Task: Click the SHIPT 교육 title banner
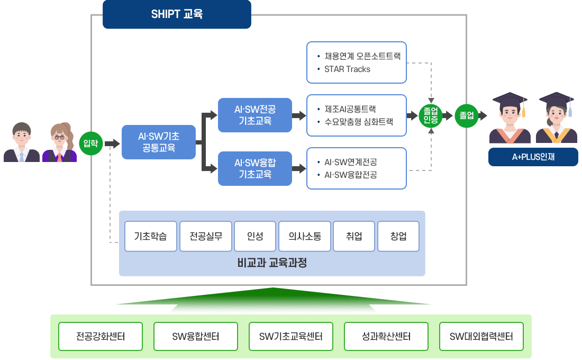coord(177,15)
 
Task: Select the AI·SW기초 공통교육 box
coord(158,142)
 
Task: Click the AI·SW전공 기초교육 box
coord(254,115)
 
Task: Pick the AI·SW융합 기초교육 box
coord(254,168)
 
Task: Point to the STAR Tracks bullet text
coord(347,69)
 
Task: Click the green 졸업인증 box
coord(431,115)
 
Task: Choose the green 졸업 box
coord(466,115)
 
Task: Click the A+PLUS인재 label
coord(533,157)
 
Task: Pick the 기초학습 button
coord(150,236)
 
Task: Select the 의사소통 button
coord(304,236)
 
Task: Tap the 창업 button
coord(398,236)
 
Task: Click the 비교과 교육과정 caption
coord(272,263)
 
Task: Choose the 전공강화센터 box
coord(101,336)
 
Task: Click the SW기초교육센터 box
coord(291,336)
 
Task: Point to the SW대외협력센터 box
coord(481,336)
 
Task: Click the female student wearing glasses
coord(59,142)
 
